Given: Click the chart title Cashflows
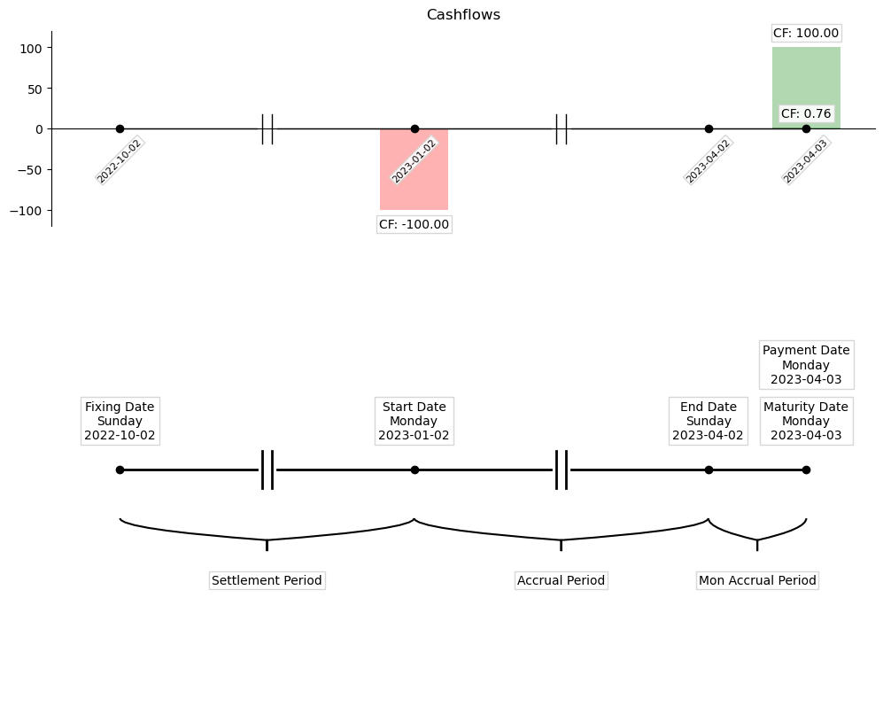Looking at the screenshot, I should coord(463,14).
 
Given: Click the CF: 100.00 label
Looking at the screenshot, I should coord(806,33).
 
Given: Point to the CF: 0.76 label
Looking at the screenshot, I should coord(806,113).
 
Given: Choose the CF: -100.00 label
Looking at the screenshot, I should coord(414,224).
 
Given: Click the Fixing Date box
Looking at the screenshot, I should coord(120,421).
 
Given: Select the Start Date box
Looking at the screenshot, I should coord(414,421).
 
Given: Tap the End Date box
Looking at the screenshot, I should coord(709,421).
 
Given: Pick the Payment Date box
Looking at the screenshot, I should coord(806,364).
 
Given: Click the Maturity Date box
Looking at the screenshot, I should coord(806,421).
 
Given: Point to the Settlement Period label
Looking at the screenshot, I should coord(267,580).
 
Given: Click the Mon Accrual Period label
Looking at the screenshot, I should coord(757,580).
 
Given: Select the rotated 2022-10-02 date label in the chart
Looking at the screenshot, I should coord(120,160).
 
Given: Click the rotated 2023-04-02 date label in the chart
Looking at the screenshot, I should coord(708,160).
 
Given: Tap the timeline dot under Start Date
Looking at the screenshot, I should coord(414,470).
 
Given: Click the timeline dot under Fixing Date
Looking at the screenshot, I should coord(120,470).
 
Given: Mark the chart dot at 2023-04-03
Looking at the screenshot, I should coord(806,128).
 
